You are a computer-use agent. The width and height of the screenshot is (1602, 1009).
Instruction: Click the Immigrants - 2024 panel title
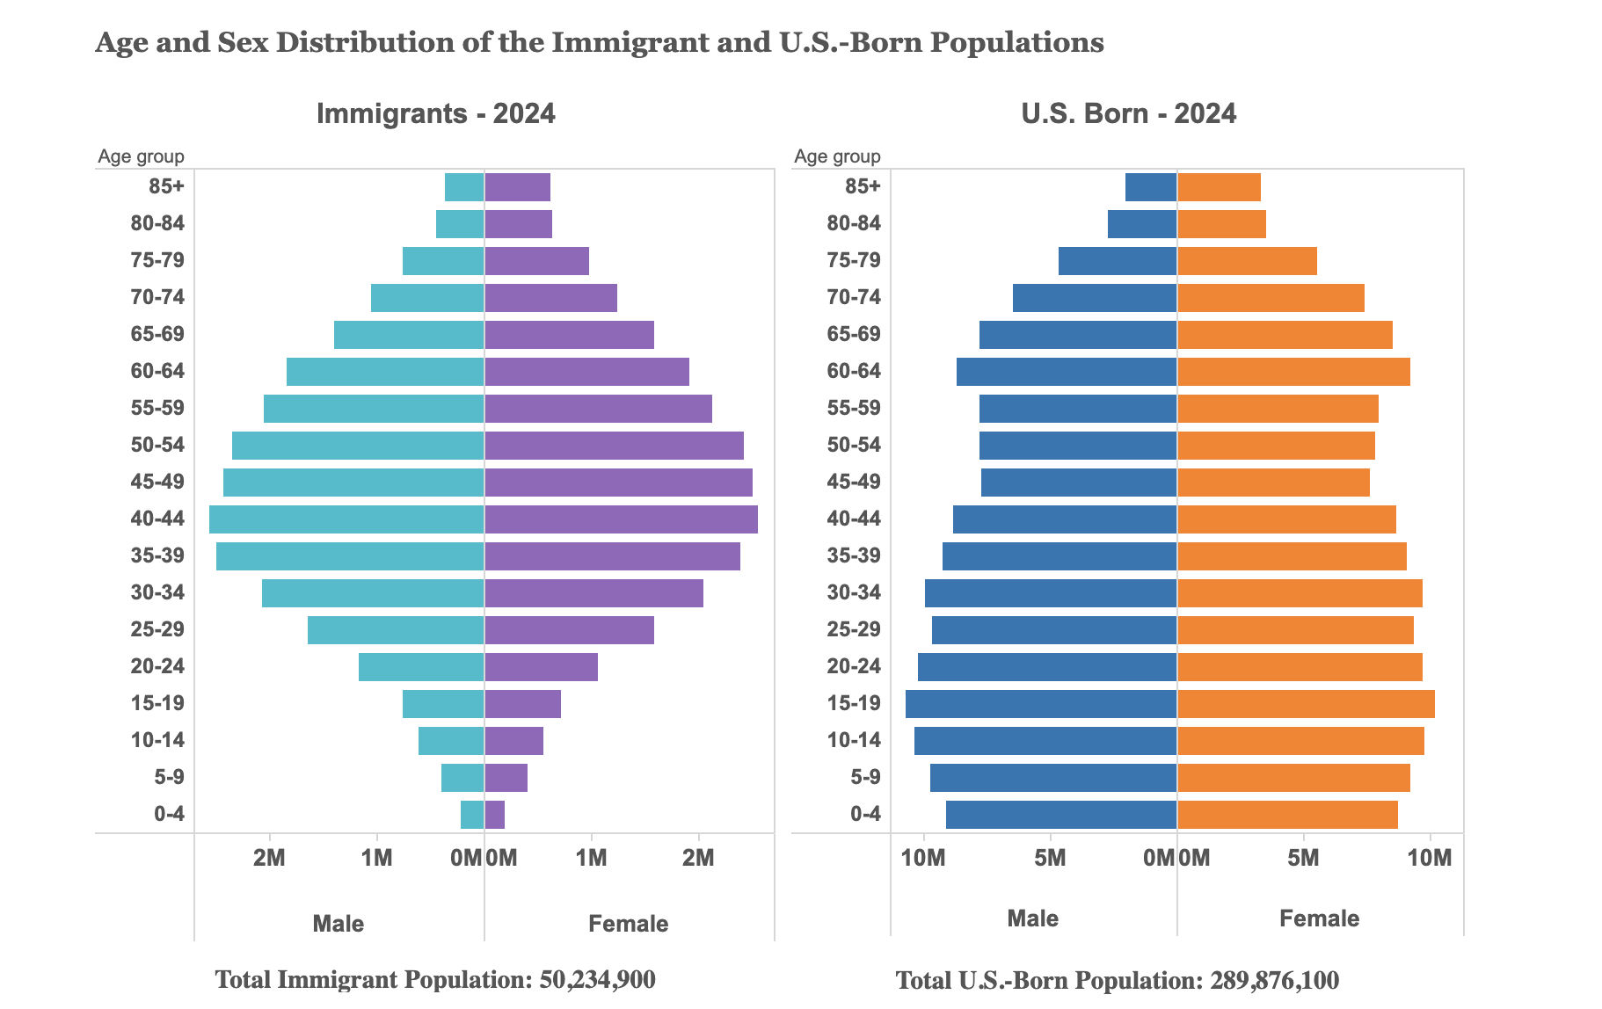[x=435, y=114]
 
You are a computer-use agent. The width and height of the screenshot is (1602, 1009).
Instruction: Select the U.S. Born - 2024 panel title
[x=1129, y=114]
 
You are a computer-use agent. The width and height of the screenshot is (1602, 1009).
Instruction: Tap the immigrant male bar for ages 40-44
[x=346, y=519]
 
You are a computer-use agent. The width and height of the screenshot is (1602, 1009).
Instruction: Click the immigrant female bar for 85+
[x=517, y=187]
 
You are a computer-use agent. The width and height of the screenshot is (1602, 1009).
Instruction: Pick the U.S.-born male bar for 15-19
[x=1041, y=704]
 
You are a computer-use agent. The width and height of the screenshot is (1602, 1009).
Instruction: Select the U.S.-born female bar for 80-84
[x=1221, y=224]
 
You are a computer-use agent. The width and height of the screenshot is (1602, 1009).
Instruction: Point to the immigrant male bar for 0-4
[x=472, y=815]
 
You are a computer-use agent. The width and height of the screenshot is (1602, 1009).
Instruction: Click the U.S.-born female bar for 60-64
[x=1293, y=372]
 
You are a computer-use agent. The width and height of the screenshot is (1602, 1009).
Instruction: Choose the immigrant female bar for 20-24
[x=541, y=667]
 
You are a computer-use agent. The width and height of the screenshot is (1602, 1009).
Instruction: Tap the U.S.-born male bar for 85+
[x=1151, y=187]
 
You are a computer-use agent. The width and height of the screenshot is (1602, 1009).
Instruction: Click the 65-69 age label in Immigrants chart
[x=157, y=335]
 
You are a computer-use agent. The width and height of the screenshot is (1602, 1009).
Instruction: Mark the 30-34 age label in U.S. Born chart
[x=854, y=593]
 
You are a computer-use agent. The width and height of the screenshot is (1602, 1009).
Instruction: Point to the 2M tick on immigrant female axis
[x=698, y=858]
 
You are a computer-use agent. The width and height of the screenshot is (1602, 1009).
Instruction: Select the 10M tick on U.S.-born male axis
[x=923, y=858]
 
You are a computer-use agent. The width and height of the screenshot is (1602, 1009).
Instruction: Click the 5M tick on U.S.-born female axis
[x=1303, y=858]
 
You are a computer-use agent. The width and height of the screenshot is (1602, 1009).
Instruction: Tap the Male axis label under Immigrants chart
[x=339, y=924]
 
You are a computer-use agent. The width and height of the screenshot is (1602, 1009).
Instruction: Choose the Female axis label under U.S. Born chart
[x=1319, y=919]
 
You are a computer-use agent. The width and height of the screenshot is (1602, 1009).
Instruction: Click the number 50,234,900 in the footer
[x=597, y=980]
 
